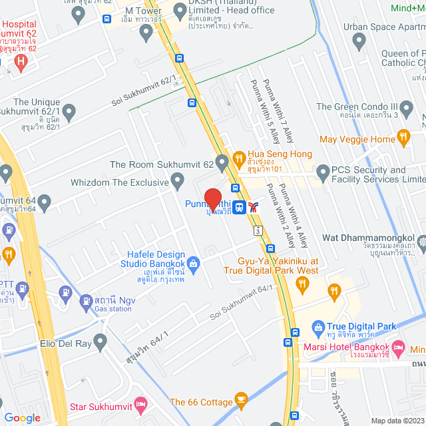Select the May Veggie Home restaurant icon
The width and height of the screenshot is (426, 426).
tap(403, 138)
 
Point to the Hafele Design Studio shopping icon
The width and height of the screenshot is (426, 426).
tap(193, 264)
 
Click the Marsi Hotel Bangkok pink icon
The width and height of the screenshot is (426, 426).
tap(398, 347)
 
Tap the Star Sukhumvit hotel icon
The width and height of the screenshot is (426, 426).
tap(140, 404)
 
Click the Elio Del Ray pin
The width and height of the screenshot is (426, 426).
tap(101, 343)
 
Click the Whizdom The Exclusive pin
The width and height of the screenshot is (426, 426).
tap(177, 180)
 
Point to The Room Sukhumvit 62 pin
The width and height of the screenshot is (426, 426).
tap(222, 160)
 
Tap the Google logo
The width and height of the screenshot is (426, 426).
tap(22, 417)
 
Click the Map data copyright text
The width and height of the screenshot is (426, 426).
tap(397, 420)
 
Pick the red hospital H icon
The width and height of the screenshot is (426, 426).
tap(21, 64)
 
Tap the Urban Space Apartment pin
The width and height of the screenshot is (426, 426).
tap(359, 42)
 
